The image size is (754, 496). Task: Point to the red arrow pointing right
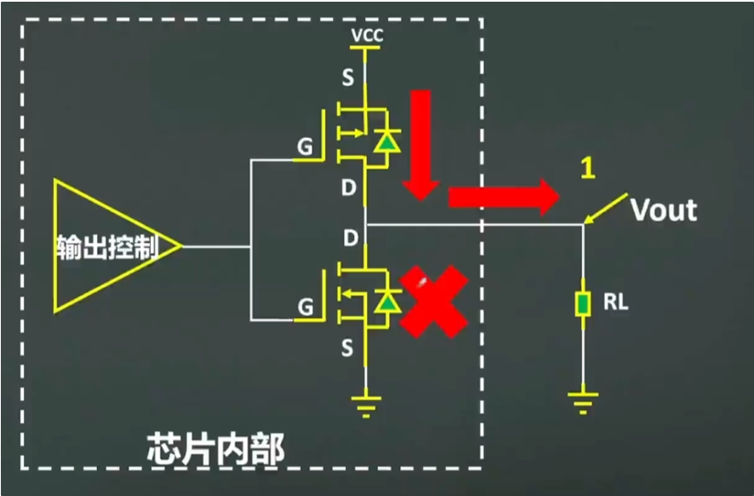(x=502, y=197)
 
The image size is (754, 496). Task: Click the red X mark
(x=434, y=300)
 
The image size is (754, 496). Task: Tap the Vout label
(x=664, y=210)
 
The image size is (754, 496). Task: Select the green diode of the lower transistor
(x=389, y=301)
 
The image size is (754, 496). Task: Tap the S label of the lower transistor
(x=346, y=347)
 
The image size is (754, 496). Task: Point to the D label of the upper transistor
(x=347, y=187)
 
